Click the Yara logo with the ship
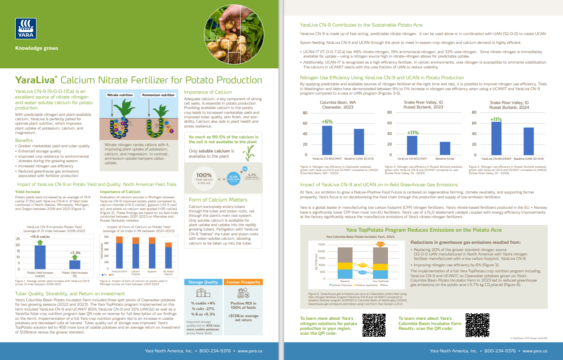[26, 29]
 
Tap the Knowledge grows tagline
[37, 48]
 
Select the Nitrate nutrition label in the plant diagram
[120, 95]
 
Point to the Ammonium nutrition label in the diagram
[158, 95]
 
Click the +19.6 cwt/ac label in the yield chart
[40, 237]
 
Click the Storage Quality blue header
[203, 282]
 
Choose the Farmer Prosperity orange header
[243, 282]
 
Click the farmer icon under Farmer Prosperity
[243, 294]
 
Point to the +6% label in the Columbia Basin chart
[327, 121]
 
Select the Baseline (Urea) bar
[445, 148]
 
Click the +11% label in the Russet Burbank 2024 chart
[496, 119]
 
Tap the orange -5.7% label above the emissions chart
[380, 244]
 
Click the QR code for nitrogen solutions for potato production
[374, 325]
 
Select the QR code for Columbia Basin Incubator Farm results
[477, 325]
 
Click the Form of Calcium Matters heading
[218, 200]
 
